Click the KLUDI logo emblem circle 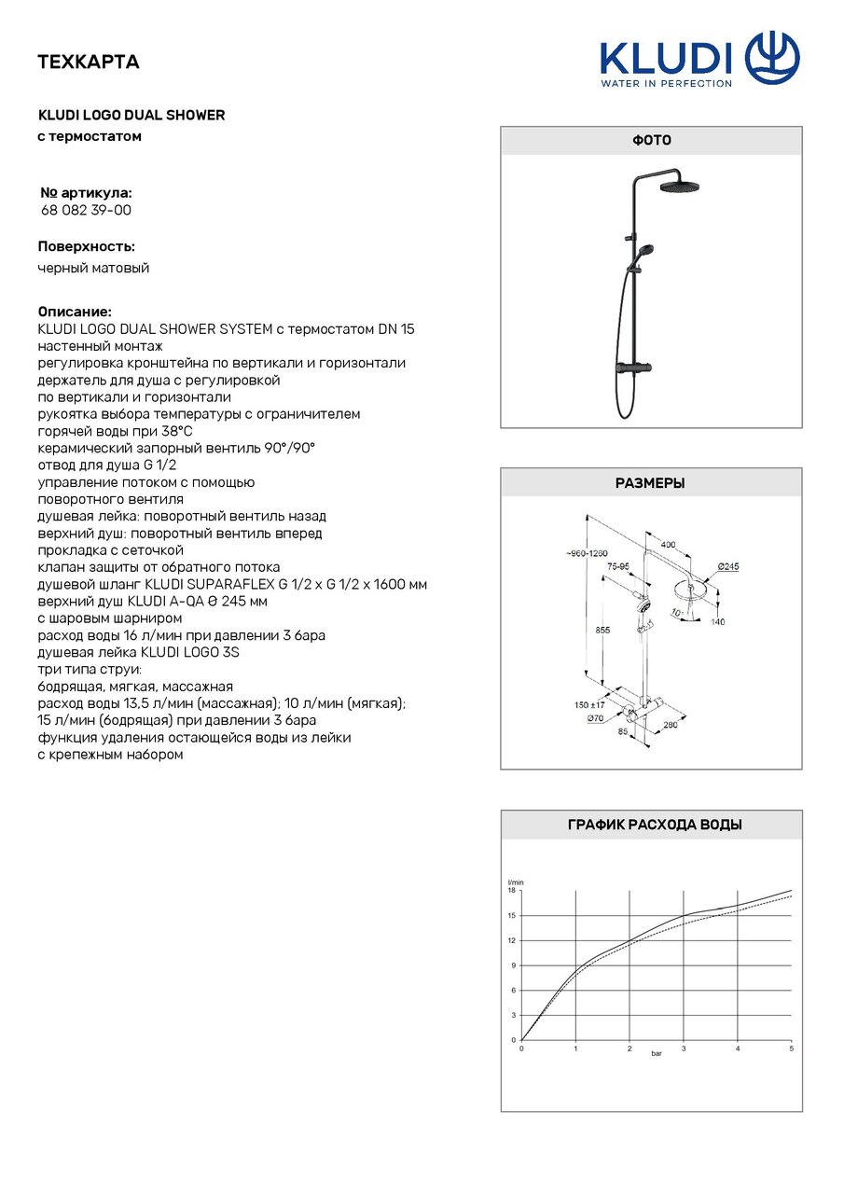[x=773, y=58]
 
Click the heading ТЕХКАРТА [x=88, y=62]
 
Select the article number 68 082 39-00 [x=86, y=211]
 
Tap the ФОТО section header [x=651, y=140]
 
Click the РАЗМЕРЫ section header [x=651, y=483]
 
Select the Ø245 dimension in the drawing [x=728, y=566]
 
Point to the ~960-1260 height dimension [x=587, y=553]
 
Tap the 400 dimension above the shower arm [x=668, y=543]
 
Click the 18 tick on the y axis [x=511, y=891]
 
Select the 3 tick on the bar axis [x=684, y=1049]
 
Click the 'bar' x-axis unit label [x=657, y=1054]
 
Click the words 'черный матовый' [x=93, y=269]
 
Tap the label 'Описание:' [x=75, y=311]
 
